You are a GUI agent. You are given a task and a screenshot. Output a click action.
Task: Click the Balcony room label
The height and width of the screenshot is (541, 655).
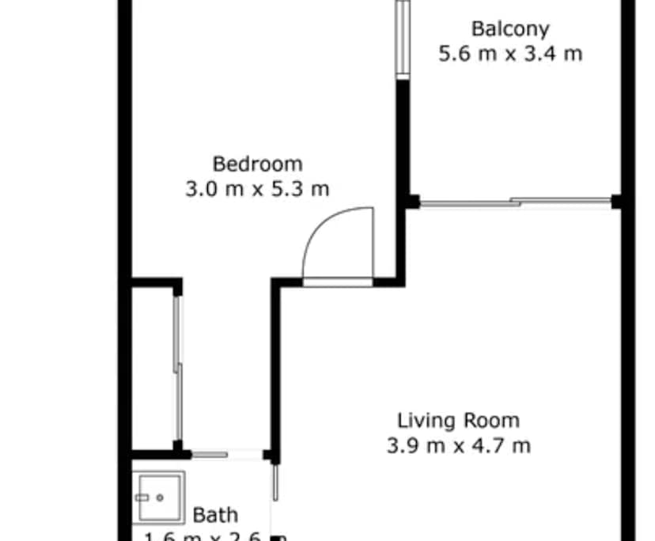click(510, 29)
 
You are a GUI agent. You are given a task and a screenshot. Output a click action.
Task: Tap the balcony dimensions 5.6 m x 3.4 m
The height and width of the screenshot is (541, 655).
click(510, 54)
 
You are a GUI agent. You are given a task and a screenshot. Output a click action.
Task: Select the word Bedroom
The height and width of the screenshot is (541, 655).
click(257, 165)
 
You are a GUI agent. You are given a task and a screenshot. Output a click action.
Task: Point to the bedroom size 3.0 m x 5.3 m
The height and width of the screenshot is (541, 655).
click(257, 189)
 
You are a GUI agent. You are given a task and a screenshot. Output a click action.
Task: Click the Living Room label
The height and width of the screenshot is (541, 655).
click(458, 420)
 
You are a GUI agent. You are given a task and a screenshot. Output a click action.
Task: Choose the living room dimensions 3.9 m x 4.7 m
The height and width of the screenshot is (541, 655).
click(458, 445)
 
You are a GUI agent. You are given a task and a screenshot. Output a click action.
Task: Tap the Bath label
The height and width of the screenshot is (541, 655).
click(215, 515)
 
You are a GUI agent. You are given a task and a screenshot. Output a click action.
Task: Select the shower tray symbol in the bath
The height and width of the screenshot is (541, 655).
click(158, 497)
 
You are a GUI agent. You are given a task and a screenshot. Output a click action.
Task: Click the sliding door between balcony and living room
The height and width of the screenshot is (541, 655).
click(514, 202)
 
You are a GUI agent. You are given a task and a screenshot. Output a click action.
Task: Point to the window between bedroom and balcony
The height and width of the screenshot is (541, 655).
click(403, 38)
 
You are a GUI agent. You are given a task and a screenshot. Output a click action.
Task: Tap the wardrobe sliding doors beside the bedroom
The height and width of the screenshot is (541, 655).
click(179, 368)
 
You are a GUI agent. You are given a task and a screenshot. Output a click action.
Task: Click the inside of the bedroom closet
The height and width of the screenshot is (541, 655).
click(152, 368)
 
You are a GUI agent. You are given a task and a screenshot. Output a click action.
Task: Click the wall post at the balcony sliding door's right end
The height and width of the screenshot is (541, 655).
click(617, 202)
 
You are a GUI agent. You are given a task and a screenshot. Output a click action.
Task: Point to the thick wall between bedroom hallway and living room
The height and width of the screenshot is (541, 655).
click(275, 368)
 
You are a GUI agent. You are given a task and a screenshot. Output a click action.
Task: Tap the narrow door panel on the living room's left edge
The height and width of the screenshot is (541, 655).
click(276, 482)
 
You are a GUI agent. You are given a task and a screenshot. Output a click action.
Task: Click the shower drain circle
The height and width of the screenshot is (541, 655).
click(161, 497)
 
